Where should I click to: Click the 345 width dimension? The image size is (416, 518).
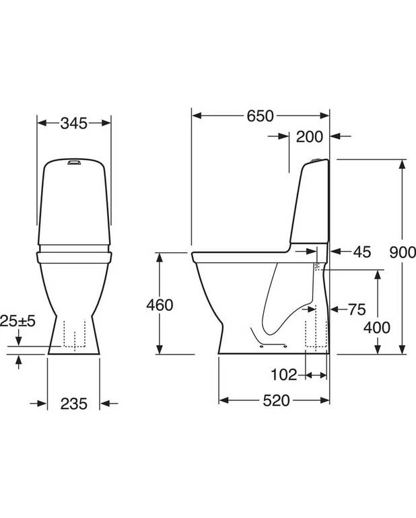click(x=74, y=123)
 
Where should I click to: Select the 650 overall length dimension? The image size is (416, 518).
click(x=261, y=116)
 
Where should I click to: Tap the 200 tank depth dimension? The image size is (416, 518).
click(x=309, y=137)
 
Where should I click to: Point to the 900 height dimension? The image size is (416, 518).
click(x=403, y=252)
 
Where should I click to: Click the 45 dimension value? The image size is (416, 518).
click(x=361, y=252)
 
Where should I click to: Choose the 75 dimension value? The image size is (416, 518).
click(x=357, y=309)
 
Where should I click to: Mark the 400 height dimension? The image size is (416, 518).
click(x=377, y=328)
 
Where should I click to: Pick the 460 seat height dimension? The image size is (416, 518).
click(x=160, y=305)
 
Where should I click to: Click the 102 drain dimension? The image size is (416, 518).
click(x=283, y=375)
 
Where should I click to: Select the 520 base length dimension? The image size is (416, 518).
click(x=277, y=400)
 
